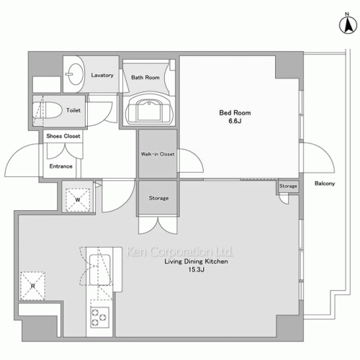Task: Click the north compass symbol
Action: (x=348, y=23)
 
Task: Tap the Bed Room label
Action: (x=235, y=113)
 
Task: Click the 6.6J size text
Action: (x=235, y=121)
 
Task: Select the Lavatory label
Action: (x=102, y=75)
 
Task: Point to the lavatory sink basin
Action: (x=76, y=74)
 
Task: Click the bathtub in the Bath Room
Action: (x=149, y=109)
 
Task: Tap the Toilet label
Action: (x=73, y=110)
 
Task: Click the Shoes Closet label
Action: (x=63, y=136)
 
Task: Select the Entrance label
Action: (x=61, y=166)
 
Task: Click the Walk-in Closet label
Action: (x=158, y=154)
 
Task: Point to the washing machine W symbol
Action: (x=78, y=200)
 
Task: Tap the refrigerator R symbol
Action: (x=33, y=286)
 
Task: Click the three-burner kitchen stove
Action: (x=99, y=318)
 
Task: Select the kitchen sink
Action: (x=100, y=270)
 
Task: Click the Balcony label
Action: (x=325, y=184)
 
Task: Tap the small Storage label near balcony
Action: (x=288, y=186)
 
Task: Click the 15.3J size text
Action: (x=197, y=269)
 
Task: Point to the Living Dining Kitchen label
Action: (x=196, y=261)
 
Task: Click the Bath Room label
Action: (x=145, y=78)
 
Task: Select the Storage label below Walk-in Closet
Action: (x=158, y=198)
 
